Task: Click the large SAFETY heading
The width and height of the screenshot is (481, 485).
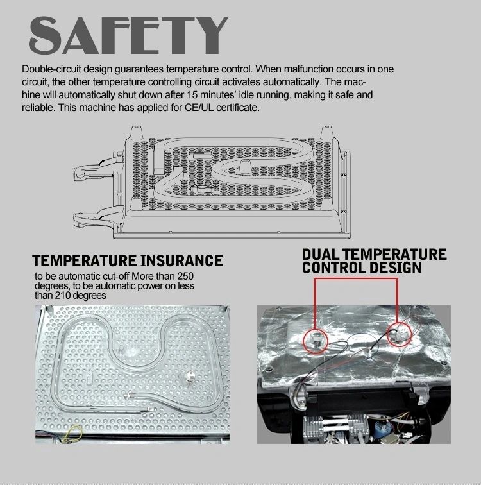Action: point(128,35)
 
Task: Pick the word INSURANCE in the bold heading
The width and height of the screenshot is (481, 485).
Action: point(181,260)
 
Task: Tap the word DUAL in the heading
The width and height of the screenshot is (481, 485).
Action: point(321,255)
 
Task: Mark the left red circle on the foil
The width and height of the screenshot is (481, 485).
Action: point(315,341)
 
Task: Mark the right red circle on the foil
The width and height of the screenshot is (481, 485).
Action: point(400,334)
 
